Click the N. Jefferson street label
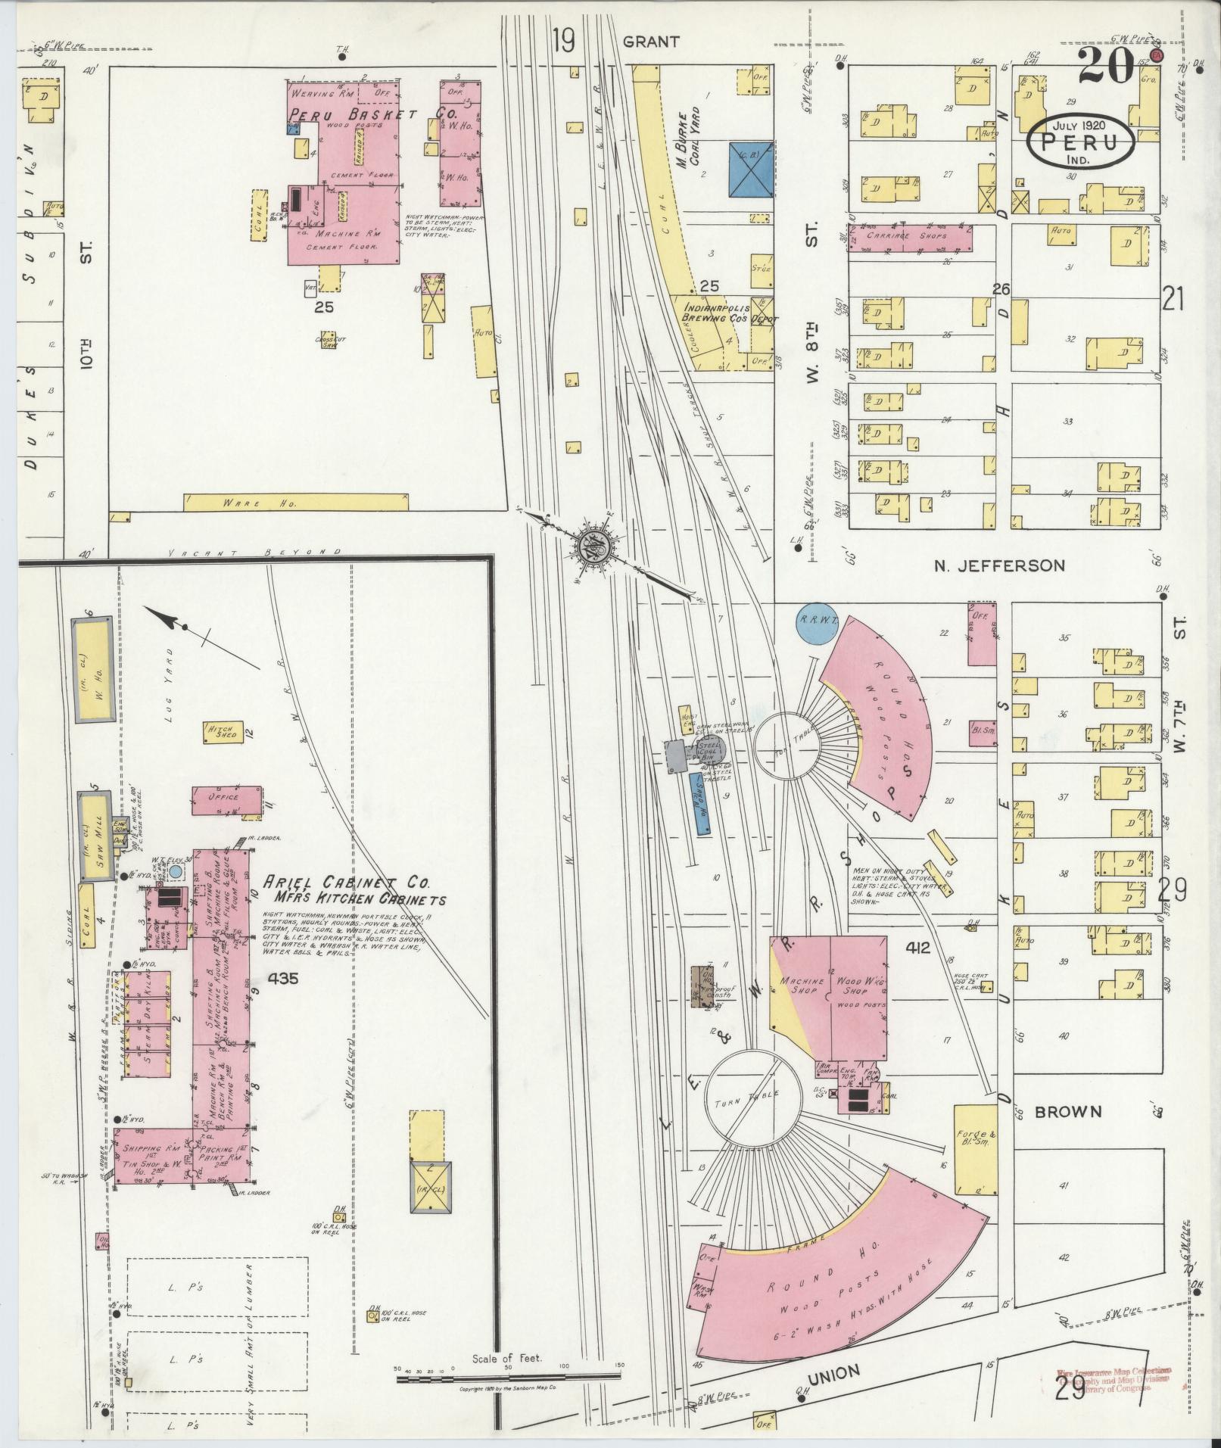tap(999, 565)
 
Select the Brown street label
tap(1067, 1112)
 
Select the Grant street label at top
tap(650, 42)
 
